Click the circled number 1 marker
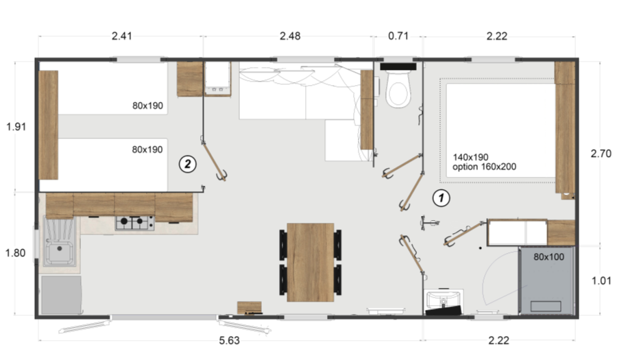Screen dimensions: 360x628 click(442, 198)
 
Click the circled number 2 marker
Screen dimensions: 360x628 click(187, 163)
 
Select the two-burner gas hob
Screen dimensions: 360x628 click(134, 222)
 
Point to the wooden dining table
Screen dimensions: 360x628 click(310, 262)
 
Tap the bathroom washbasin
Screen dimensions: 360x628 click(444, 300)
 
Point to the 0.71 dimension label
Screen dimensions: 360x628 click(398, 36)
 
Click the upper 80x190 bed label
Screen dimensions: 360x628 click(147, 106)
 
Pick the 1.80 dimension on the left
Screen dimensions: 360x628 click(16, 253)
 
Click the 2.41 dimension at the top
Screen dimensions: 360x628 click(121, 36)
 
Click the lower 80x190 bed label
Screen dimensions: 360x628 click(147, 149)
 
